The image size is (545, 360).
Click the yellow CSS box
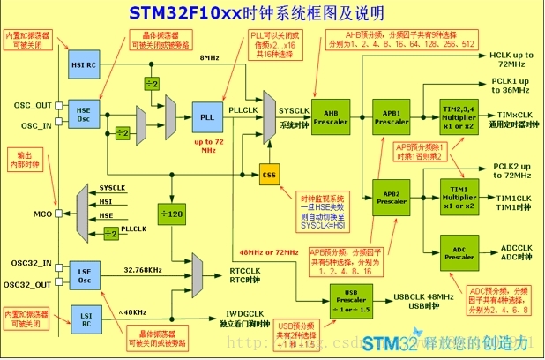(270, 175)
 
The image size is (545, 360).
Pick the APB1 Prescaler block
(392, 118)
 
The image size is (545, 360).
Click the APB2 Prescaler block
(392, 197)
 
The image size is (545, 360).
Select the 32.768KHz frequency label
(141, 269)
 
